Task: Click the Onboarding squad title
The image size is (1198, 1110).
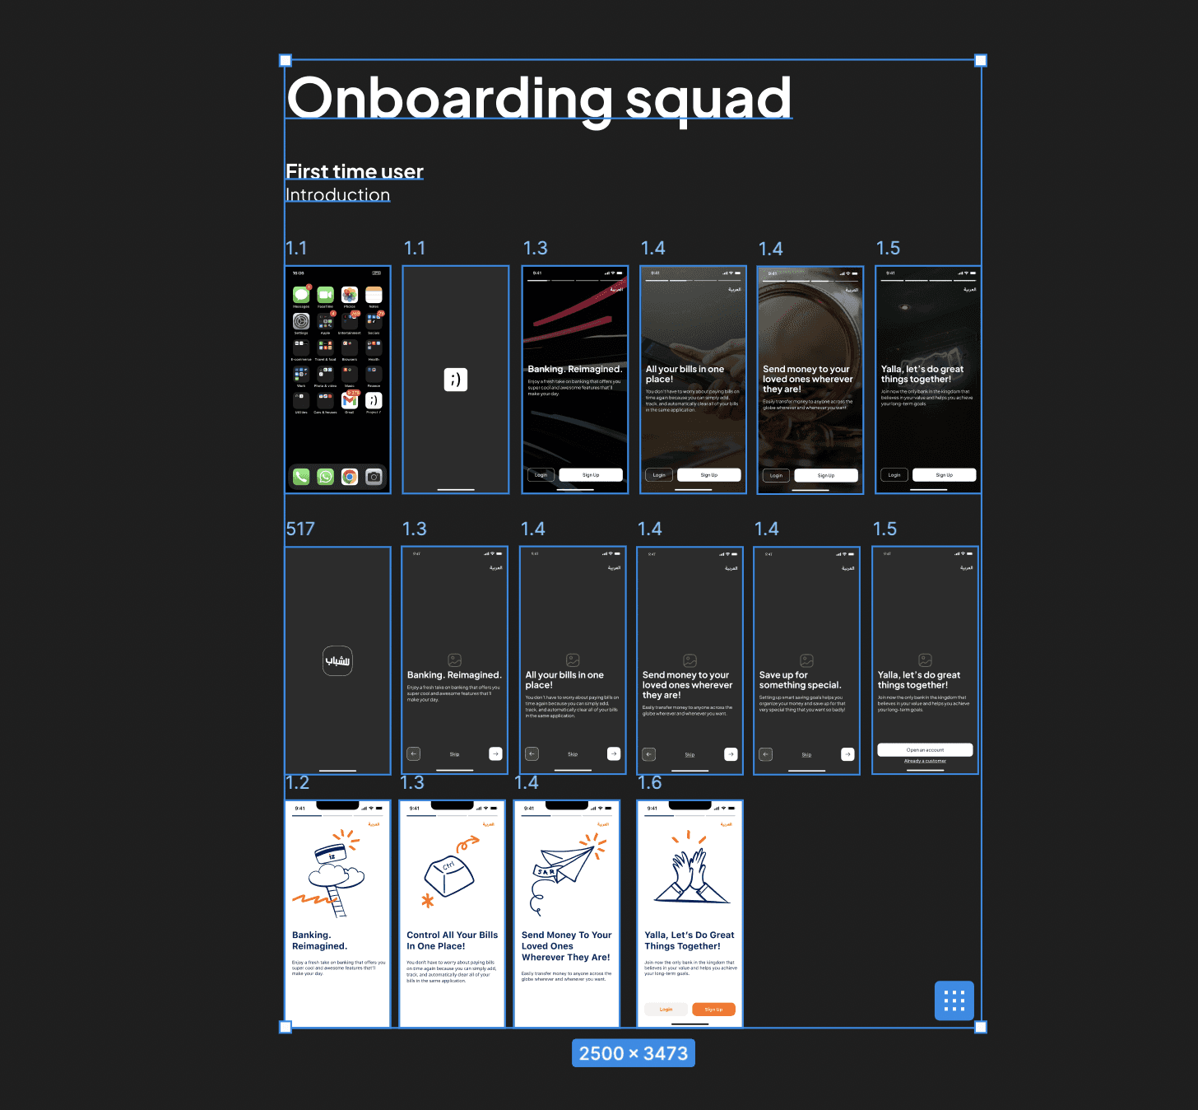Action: coord(539,98)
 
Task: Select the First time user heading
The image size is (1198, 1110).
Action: coord(355,171)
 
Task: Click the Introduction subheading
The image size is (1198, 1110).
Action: coord(337,195)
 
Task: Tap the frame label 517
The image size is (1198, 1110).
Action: coord(300,529)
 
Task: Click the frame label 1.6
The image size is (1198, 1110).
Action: coord(650,782)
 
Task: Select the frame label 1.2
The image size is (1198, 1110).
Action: coord(297,782)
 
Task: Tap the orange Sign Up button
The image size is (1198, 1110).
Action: coord(713,1010)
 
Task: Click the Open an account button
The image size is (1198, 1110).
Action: coord(925,750)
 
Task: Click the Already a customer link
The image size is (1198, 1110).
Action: coord(925,761)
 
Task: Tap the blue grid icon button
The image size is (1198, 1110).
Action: coord(954,1000)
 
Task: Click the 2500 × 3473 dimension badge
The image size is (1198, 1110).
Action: coord(634,1053)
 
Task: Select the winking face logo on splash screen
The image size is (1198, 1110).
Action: coord(456,380)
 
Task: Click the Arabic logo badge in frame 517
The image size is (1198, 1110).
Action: coord(337,660)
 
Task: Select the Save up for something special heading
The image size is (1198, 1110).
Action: coord(800,680)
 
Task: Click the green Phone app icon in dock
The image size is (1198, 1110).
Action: coord(301,477)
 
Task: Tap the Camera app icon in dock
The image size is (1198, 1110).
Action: coord(374,477)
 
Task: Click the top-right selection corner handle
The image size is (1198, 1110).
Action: coord(981,60)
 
